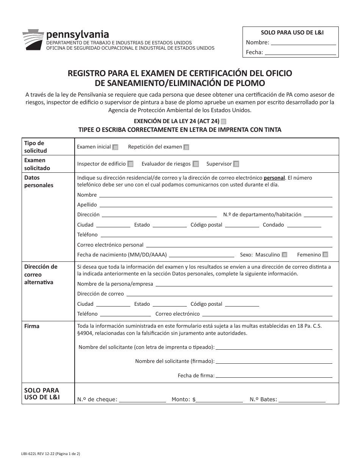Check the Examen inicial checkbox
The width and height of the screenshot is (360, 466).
115,147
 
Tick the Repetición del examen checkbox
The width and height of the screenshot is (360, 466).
186,147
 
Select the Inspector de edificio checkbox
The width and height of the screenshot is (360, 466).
130,164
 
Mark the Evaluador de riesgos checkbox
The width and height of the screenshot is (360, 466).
196,164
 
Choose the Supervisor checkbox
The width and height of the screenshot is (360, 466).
236,164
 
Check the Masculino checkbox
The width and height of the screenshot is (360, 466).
285,255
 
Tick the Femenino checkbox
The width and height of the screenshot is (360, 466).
325,255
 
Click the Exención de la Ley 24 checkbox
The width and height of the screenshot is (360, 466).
224,122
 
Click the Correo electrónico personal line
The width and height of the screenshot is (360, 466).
239,246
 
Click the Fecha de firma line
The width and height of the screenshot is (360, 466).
274,377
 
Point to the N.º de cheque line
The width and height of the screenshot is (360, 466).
142,400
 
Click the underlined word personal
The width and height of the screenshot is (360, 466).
275,178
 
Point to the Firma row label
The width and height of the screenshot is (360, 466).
32,326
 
